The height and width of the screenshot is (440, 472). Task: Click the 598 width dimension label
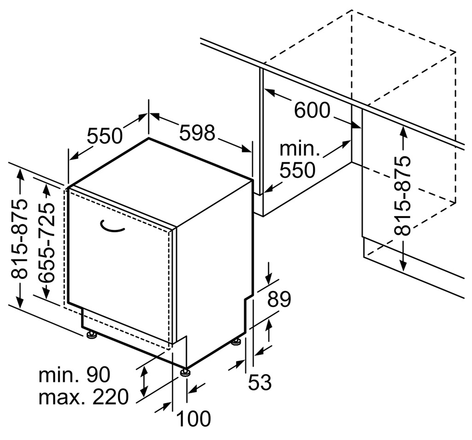click(x=197, y=133)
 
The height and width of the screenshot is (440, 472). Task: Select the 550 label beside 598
click(x=104, y=136)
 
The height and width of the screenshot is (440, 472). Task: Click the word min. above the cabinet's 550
click(x=300, y=149)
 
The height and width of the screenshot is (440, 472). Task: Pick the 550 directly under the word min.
click(x=297, y=170)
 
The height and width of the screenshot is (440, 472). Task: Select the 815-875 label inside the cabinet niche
click(x=403, y=195)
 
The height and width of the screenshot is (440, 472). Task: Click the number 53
click(x=260, y=382)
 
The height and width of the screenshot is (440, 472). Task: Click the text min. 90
click(x=74, y=375)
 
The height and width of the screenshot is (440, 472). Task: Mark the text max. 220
click(x=83, y=398)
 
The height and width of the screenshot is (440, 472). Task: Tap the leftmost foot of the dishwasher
click(x=91, y=335)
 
